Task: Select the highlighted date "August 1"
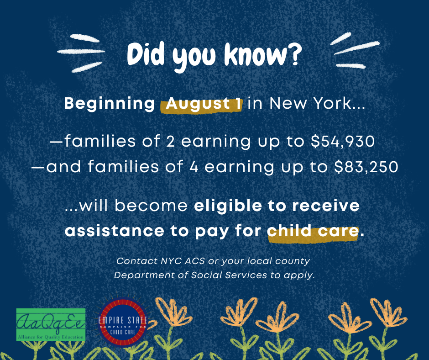(x=204, y=104)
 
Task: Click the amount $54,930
(x=343, y=141)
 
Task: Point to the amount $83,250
(x=366, y=167)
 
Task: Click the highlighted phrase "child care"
(x=313, y=231)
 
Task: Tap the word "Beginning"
(x=110, y=104)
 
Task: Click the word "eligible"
(x=228, y=206)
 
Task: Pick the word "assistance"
(x=115, y=231)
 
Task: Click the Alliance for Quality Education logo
(x=51, y=325)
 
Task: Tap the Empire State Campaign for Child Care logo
(x=123, y=322)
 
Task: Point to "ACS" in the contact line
(x=194, y=261)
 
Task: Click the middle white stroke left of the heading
(x=81, y=51)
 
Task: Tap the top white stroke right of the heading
(x=340, y=38)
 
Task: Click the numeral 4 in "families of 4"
(x=194, y=167)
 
